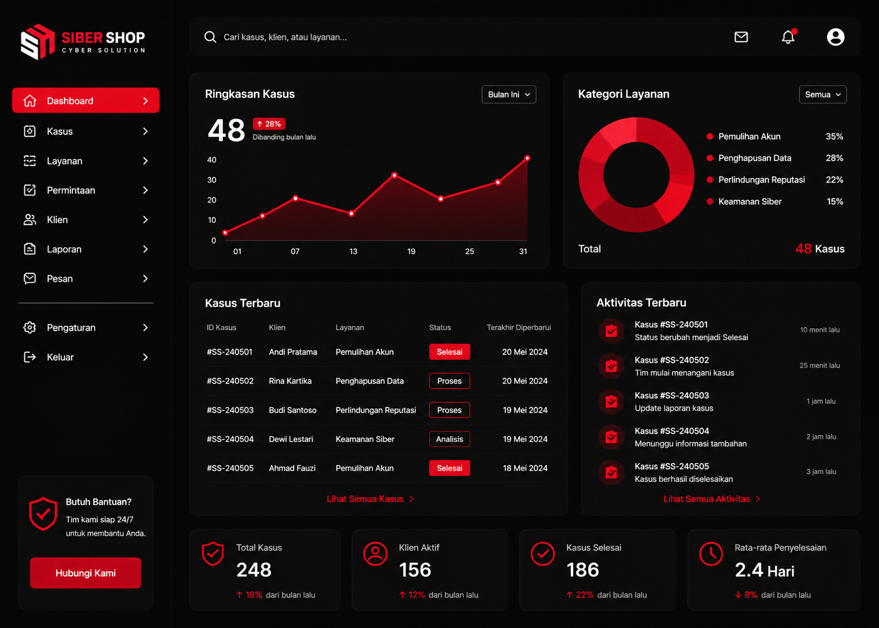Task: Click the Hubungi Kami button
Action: (x=85, y=573)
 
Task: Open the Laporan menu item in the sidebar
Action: (x=85, y=249)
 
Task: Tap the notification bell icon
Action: (x=788, y=37)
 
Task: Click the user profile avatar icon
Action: (x=835, y=37)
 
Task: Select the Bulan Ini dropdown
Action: (x=509, y=95)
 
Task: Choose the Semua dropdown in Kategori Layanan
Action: (x=823, y=95)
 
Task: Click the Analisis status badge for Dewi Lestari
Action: (x=450, y=439)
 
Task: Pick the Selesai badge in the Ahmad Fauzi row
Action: (x=450, y=468)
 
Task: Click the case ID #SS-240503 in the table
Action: (x=230, y=410)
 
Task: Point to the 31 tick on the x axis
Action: (x=523, y=251)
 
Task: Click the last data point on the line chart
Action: (x=527, y=158)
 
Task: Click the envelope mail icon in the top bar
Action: (x=741, y=37)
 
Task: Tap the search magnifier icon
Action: (x=210, y=37)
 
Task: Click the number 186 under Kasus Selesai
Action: (x=583, y=569)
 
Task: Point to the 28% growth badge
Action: (x=269, y=124)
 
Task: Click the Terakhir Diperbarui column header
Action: (x=519, y=328)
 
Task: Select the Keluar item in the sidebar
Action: (x=85, y=357)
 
